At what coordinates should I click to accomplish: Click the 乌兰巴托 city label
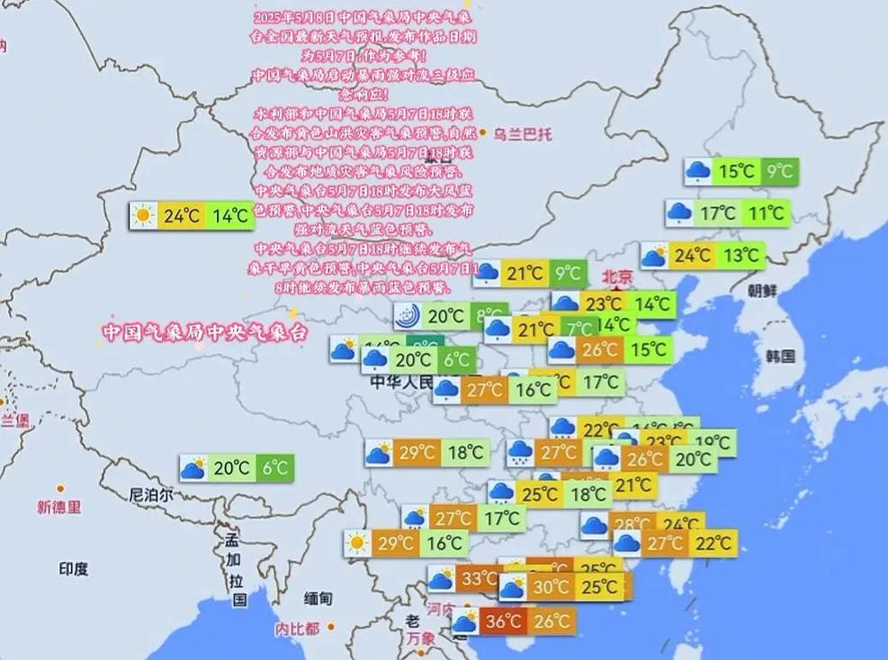click(x=522, y=134)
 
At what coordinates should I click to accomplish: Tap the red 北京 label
click(x=617, y=276)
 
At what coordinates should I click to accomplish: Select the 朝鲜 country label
click(x=761, y=290)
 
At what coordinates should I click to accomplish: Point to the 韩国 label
click(x=780, y=356)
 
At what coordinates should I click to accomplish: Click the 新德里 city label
click(x=58, y=508)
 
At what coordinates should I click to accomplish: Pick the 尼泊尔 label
click(x=151, y=494)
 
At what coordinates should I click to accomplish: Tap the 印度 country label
click(x=74, y=569)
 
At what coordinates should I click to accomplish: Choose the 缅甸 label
click(x=318, y=598)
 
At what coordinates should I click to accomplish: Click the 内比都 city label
click(x=298, y=628)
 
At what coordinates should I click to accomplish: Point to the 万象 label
click(x=421, y=638)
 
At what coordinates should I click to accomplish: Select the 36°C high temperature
click(x=504, y=621)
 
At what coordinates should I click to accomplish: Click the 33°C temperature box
click(x=478, y=579)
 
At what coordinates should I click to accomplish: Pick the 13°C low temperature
click(x=740, y=256)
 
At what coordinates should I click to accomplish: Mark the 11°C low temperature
click(x=767, y=213)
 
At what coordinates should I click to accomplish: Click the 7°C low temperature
click(x=579, y=330)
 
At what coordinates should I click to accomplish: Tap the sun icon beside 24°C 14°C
click(x=142, y=216)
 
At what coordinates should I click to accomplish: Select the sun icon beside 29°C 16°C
click(x=357, y=543)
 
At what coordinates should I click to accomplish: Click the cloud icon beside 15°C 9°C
click(x=697, y=170)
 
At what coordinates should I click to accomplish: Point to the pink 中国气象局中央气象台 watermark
click(x=204, y=332)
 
